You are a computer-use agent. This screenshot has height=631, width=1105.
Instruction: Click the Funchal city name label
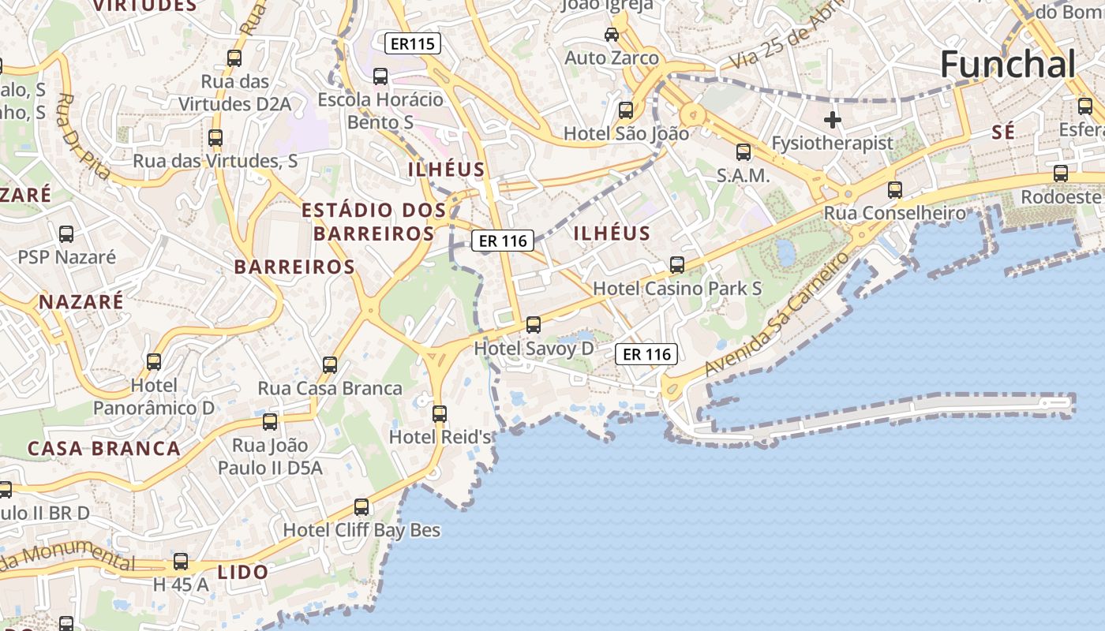click(1008, 64)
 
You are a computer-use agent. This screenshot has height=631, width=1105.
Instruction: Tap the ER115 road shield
click(413, 43)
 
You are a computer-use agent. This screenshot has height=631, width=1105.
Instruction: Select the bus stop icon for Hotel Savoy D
click(534, 324)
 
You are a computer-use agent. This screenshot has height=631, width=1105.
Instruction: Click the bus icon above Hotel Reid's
click(440, 413)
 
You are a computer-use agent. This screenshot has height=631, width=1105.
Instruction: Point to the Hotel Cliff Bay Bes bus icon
click(361, 506)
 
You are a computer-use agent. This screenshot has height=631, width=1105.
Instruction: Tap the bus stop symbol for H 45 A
click(181, 562)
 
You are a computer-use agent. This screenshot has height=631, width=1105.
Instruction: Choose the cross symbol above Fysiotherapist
click(832, 120)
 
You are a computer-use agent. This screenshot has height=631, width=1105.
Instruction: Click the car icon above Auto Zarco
click(612, 34)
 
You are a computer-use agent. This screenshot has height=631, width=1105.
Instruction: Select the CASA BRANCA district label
click(104, 449)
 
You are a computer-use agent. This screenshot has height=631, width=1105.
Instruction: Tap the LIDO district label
click(243, 572)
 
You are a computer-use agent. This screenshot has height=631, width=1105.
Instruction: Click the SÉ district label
click(1003, 133)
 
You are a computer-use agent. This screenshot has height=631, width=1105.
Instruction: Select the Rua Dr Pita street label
click(82, 136)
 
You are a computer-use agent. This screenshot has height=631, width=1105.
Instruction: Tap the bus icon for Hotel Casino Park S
click(677, 264)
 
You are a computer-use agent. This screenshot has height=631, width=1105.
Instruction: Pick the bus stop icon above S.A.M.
click(744, 151)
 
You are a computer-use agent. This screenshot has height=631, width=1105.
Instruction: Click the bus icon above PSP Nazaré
click(66, 233)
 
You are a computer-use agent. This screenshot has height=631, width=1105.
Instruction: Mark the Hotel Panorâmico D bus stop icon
click(154, 361)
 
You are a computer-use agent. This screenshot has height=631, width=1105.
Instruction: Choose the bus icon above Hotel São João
click(626, 110)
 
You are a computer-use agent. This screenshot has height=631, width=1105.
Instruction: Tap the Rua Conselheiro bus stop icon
click(894, 189)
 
